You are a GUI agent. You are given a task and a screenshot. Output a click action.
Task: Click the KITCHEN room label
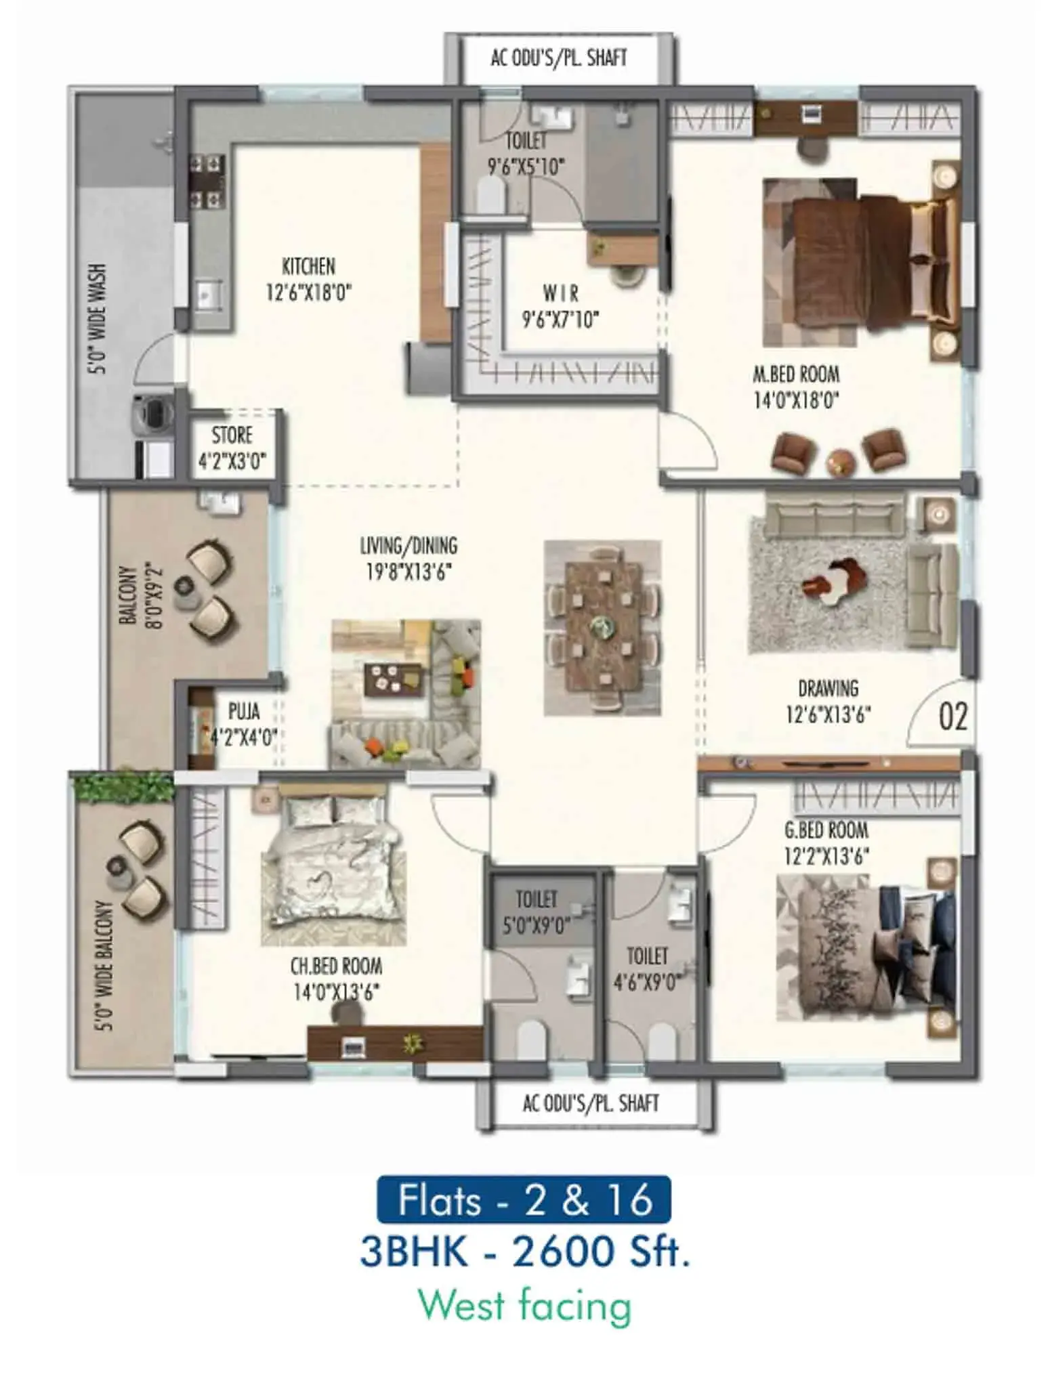[x=308, y=266]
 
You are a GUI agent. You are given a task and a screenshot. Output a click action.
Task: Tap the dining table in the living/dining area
[x=602, y=626]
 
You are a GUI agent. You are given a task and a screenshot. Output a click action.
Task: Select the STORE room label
[x=232, y=435]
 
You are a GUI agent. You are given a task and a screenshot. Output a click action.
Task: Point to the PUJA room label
[x=244, y=711]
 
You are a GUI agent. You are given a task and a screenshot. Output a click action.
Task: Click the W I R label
[x=560, y=293]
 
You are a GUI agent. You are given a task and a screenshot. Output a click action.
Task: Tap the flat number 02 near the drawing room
[x=952, y=717]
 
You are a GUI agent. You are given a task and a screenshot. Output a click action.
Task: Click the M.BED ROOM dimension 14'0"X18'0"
[x=796, y=401]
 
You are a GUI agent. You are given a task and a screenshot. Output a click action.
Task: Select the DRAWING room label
[x=828, y=689]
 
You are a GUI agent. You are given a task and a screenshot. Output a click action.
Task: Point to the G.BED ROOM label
[x=826, y=830]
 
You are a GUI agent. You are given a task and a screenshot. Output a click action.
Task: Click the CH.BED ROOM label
[x=336, y=966]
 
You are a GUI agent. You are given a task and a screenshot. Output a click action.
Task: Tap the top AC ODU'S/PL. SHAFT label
[x=559, y=58]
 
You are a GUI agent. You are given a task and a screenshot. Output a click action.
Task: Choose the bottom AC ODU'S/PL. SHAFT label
[x=591, y=1103]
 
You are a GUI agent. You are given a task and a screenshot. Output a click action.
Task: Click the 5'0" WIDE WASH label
[x=99, y=319]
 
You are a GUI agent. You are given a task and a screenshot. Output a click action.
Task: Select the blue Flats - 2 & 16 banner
[x=524, y=1199]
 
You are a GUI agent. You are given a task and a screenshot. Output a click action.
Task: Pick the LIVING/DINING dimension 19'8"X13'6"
[x=408, y=572]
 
